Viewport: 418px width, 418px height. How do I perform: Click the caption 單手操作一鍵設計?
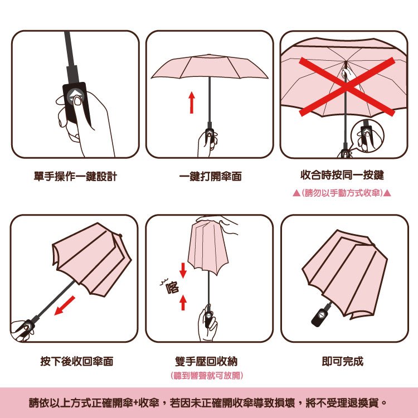tap(75, 176)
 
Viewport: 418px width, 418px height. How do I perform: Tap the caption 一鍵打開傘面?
tap(210, 176)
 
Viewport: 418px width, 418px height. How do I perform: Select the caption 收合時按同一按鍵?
tap(342, 175)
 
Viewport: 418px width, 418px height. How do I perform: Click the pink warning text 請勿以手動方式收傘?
tap(342, 193)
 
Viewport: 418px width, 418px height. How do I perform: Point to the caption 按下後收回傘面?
tap(77, 361)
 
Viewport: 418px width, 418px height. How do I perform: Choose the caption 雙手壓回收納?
tap(206, 361)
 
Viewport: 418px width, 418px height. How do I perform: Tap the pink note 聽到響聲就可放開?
tap(207, 375)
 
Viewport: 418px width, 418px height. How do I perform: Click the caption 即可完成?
tap(343, 361)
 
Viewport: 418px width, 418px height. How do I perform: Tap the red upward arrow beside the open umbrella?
tap(192, 103)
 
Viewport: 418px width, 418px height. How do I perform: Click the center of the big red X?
tap(347, 87)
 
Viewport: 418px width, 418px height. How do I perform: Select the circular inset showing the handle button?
tap(367, 136)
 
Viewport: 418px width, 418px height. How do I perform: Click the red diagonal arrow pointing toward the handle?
tap(65, 305)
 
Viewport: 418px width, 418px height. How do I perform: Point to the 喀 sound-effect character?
tap(172, 288)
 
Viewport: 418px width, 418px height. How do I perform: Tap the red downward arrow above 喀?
tap(183, 270)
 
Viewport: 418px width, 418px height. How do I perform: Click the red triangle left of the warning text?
tap(297, 193)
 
